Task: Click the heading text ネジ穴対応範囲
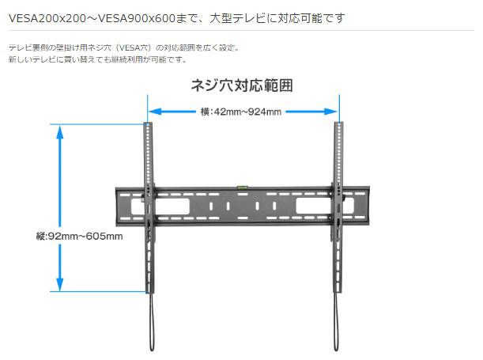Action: (x=241, y=85)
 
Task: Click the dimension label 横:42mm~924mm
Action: (x=241, y=112)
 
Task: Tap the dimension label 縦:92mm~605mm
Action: (x=79, y=236)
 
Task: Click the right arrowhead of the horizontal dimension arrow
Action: (x=334, y=112)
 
